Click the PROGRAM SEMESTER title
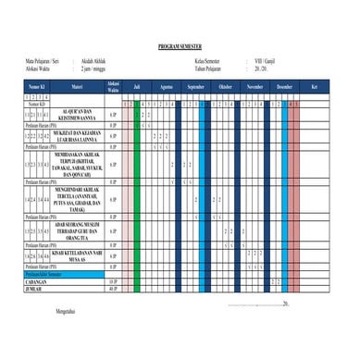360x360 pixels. pyautogui.click(x=180, y=44)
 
